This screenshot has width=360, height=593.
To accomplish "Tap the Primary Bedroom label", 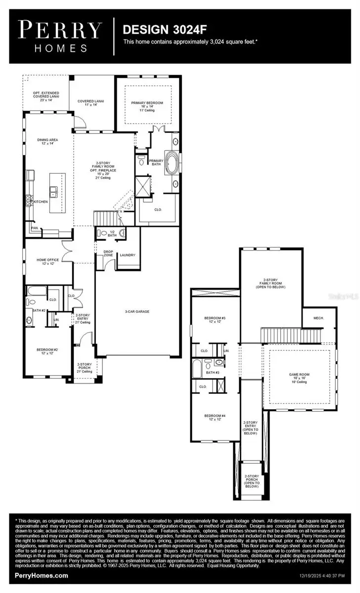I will (x=147, y=103).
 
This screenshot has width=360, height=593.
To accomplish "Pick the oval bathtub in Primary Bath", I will (x=172, y=163).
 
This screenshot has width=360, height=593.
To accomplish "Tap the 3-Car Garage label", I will (x=137, y=311).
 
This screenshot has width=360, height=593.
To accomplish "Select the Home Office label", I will (x=47, y=260).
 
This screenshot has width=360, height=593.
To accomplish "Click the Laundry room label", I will (x=127, y=255).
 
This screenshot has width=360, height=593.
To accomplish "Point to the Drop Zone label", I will (x=108, y=254).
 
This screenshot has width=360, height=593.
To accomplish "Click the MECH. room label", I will (x=318, y=318).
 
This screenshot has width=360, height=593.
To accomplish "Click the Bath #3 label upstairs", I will (x=214, y=373).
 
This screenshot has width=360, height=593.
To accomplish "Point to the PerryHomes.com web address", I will (x=42, y=576).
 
